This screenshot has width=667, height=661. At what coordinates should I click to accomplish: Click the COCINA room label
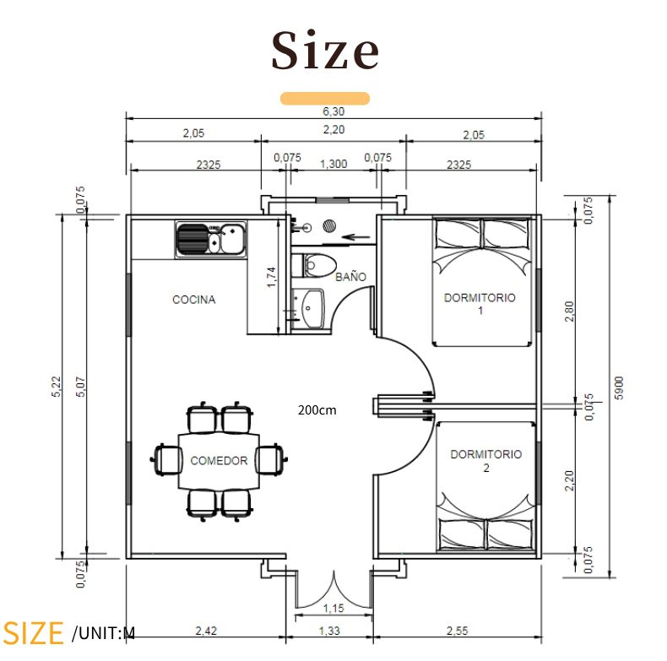tap(194, 300)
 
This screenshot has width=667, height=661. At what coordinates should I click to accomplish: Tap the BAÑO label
tap(350, 277)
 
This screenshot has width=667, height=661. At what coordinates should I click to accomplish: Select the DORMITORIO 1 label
tap(480, 304)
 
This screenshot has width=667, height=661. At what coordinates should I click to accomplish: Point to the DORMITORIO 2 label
tap(485, 461)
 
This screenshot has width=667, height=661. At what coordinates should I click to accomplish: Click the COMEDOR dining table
tap(219, 461)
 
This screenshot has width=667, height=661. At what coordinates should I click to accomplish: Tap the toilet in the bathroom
tap(314, 266)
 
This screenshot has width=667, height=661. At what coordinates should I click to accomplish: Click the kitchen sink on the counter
tap(211, 239)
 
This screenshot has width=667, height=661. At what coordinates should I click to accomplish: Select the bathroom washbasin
tap(308, 308)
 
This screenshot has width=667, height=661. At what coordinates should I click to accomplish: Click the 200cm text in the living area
tap(317, 410)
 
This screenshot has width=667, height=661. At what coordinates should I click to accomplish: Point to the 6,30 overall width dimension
tap(333, 111)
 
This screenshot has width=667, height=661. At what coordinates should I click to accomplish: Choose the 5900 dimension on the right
tap(620, 388)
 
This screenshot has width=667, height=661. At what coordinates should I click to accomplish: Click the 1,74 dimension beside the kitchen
tap(271, 277)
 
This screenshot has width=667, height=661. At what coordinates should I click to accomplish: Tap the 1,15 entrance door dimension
tap(333, 609)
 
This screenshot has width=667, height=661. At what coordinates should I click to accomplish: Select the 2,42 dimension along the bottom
tap(206, 631)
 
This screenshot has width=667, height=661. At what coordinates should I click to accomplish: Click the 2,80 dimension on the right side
tap(569, 312)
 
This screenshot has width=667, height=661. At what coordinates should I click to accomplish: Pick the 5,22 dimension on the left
tap(57, 387)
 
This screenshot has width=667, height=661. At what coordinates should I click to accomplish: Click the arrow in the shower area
tap(356, 237)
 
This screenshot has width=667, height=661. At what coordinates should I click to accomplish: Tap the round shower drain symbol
tap(329, 225)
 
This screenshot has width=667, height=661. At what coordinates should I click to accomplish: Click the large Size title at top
tap(325, 50)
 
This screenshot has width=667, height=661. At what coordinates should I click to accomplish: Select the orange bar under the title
tap(325, 98)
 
